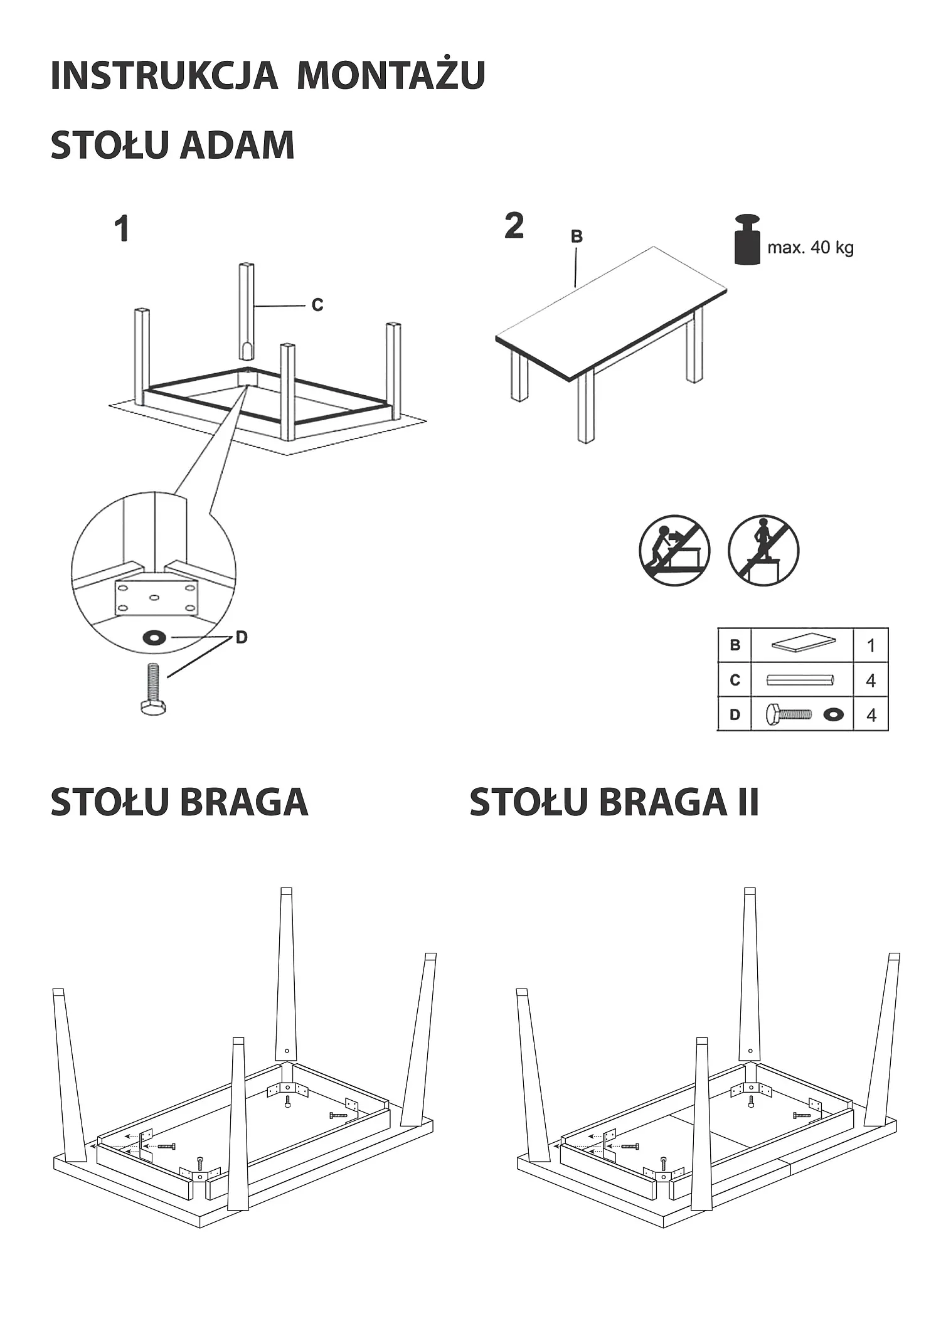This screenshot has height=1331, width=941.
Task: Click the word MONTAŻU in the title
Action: coord(391,75)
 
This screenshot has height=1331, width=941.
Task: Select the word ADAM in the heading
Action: coord(237,145)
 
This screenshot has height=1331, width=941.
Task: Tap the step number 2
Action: coord(514,225)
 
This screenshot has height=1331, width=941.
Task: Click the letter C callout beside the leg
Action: coord(317,305)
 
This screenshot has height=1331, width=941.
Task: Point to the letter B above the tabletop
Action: coord(577,236)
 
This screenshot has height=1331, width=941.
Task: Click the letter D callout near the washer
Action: coord(242,637)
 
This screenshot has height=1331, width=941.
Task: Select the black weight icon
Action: coord(747,239)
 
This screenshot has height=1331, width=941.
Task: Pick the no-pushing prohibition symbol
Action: coord(674,551)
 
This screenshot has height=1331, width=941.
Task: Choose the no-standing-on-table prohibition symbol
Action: coord(763,551)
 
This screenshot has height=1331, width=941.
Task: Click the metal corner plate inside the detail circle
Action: coord(156,597)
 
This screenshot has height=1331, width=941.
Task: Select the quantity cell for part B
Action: coord(871,645)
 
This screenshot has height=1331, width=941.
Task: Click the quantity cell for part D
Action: coord(871,714)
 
